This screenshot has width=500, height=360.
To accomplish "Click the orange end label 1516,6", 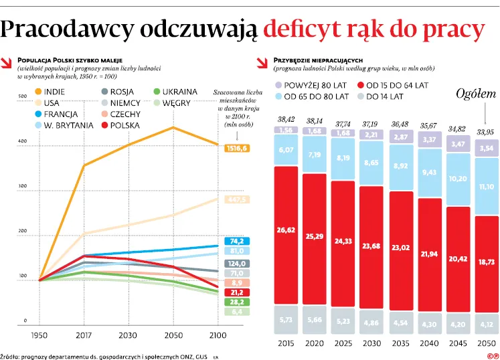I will [237, 148].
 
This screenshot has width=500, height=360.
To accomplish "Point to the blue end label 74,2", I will [237, 242].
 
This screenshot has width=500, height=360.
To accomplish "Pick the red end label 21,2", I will [237, 292].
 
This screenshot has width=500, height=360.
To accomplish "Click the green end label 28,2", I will [237, 302].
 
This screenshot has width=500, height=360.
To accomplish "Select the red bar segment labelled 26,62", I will [286, 230].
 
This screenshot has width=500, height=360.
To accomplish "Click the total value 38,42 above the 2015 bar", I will [286, 120].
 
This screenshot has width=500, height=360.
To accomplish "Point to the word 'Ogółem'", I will [476, 94].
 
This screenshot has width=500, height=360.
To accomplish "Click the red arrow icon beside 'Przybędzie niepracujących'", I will [263, 64].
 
